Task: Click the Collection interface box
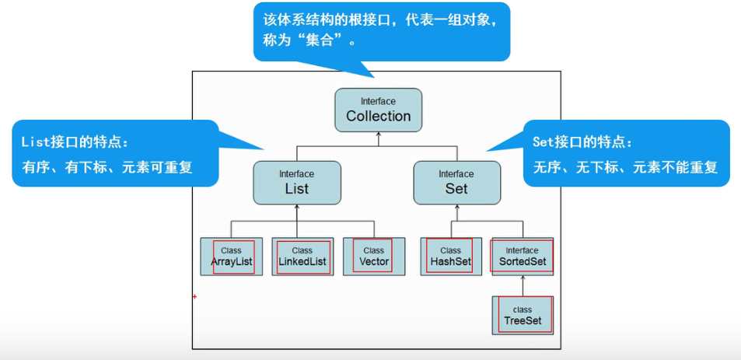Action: (379, 110)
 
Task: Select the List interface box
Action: (296, 182)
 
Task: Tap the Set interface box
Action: (456, 182)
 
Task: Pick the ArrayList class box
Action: (231, 257)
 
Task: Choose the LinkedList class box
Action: (302, 257)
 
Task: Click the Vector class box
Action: (374, 257)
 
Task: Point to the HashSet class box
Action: (450, 257)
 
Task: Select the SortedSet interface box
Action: (522, 257)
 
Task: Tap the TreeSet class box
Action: (523, 315)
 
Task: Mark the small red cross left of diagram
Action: (194, 296)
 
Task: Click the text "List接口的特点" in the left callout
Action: (75, 143)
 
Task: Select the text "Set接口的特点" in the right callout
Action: (583, 143)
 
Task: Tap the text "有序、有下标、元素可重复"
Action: (107, 166)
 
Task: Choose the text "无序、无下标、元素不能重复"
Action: (625, 166)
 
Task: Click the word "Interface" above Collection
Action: (378, 101)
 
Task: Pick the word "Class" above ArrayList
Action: (231, 250)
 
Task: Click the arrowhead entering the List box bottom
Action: (296, 208)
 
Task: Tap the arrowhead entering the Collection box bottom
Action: (379, 135)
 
